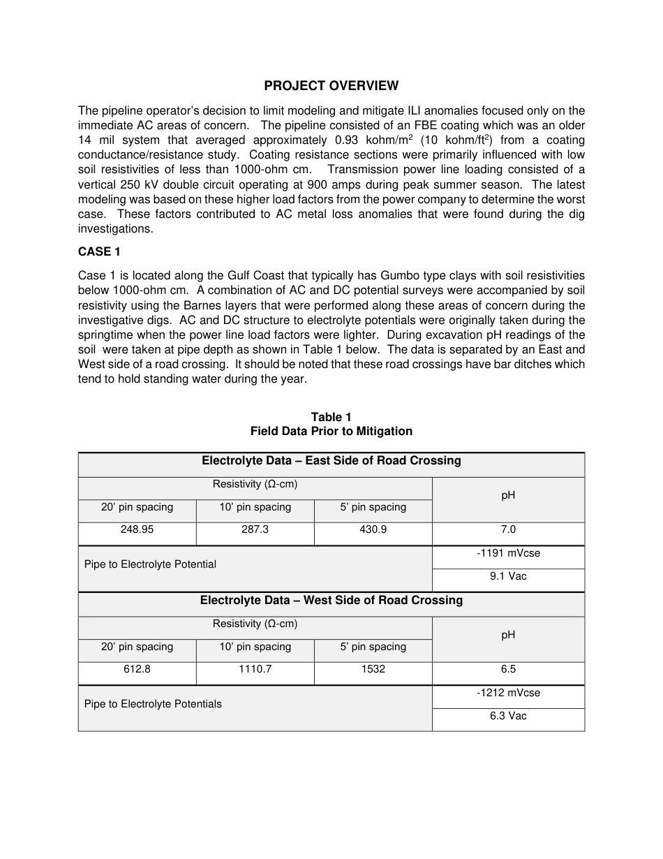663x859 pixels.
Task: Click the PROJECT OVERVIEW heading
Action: (331, 86)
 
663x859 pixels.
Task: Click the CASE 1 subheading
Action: (99, 252)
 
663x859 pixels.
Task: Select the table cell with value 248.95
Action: (137, 530)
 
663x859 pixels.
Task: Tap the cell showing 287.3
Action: (255, 530)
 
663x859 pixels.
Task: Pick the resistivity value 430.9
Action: (373, 530)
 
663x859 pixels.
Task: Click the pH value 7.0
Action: (508, 530)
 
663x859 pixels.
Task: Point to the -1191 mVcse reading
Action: (508, 554)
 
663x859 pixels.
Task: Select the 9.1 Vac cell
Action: (508, 577)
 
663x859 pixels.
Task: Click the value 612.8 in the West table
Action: (137, 670)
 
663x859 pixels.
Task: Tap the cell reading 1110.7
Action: (255, 670)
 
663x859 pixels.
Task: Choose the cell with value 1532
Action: (373, 670)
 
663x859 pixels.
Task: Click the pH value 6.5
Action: (508, 670)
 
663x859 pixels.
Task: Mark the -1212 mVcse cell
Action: (508, 693)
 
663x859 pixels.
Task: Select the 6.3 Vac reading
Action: (508, 717)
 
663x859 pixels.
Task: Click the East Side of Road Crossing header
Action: (331, 461)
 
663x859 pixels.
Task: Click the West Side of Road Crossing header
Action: (331, 601)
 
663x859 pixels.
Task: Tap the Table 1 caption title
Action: (331, 418)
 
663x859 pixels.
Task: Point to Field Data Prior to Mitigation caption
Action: (331, 432)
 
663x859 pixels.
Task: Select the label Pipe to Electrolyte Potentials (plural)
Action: (153, 705)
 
